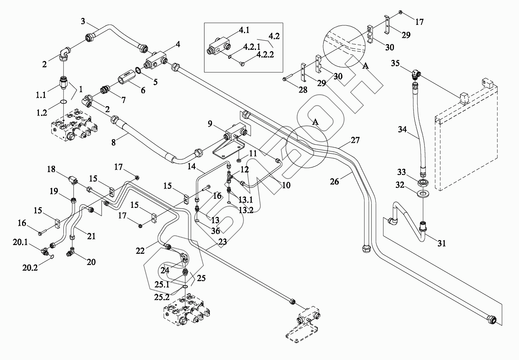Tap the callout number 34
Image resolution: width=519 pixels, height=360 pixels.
[x=402, y=129]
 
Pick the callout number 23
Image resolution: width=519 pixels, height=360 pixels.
[x=223, y=242]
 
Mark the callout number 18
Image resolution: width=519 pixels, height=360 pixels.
[x=51, y=169]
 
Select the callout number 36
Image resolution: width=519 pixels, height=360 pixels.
[x=216, y=231]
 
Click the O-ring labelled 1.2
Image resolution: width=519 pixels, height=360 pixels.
[x=63, y=102]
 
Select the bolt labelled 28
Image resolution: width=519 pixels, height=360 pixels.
[x=289, y=79]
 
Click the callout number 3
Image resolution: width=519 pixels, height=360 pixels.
[x=83, y=21]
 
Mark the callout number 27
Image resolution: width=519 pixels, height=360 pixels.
[x=355, y=140]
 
